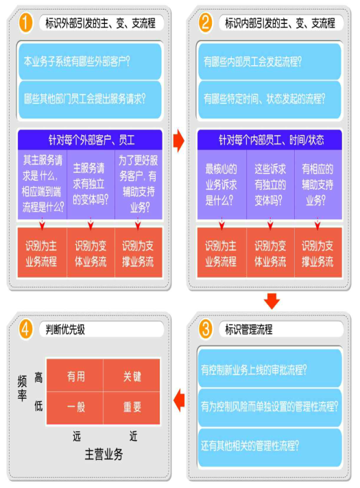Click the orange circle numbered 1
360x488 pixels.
click(x=26, y=23)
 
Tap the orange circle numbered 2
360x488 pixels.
click(x=206, y=23)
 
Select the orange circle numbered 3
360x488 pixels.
click(x=206, y=329)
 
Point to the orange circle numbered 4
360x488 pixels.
click(x=26, y=329)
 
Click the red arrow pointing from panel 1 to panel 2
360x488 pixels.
click(x=179, y=140)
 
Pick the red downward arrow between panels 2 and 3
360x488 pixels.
click(x=272, y=301)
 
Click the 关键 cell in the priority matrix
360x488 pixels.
click(x=132, y=376)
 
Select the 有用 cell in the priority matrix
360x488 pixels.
click(x=75, y=376)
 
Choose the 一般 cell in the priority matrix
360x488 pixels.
click(x=75, y=408)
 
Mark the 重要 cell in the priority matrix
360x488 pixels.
click(x=132, y=408)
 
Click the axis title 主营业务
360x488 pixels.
click(x=104, y=454)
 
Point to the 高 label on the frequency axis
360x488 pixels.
click(x=38, y=377)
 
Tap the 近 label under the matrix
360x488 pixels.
click(x=133, y=437)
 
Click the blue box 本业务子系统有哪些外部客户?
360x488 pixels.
click(x=90, y=61)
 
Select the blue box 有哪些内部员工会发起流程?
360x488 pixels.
click(x=269, y=61)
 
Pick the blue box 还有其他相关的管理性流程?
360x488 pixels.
click(x=269, y=446)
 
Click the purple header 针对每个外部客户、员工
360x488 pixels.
click(x=90, y=140)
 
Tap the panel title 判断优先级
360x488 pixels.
click(x=65, y=329)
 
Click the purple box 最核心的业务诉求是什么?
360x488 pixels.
click(x=221, y=185)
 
